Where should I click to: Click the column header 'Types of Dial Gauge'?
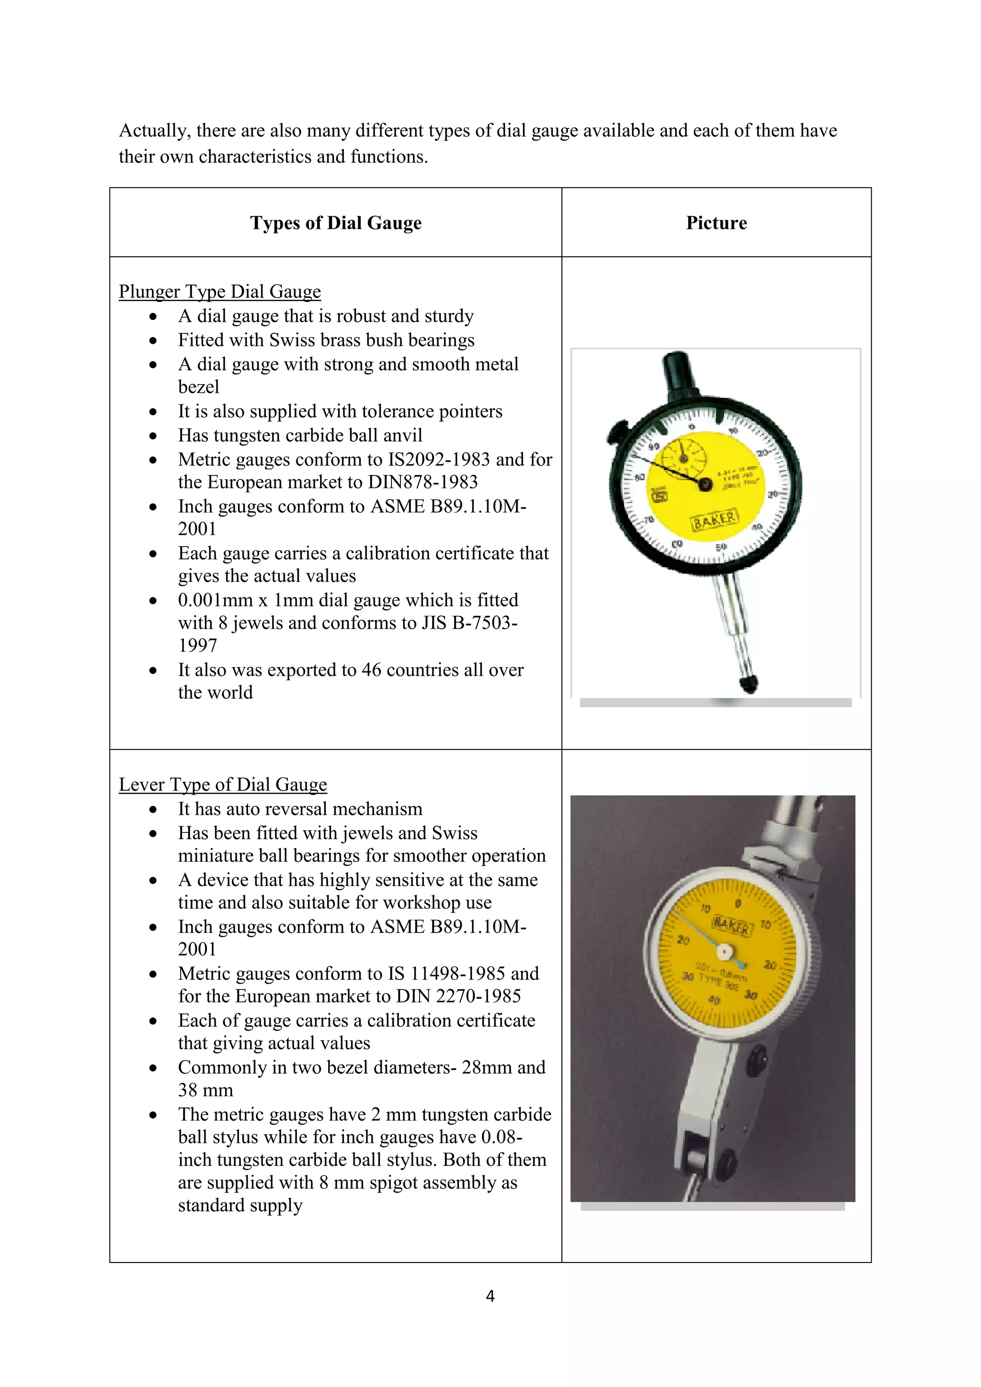[x=335, y=223]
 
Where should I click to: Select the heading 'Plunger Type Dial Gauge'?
[x=219, y=292]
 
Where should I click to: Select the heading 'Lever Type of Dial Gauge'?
[x=222, y=784]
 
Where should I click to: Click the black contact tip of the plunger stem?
[x=748, y=684]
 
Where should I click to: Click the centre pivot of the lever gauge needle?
[x=724, y=953]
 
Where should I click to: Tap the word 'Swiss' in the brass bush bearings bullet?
[x=293, y=340]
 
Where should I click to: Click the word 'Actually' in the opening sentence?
[x=153, y=130]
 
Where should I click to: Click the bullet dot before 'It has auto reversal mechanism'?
[x=153, y=809]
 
